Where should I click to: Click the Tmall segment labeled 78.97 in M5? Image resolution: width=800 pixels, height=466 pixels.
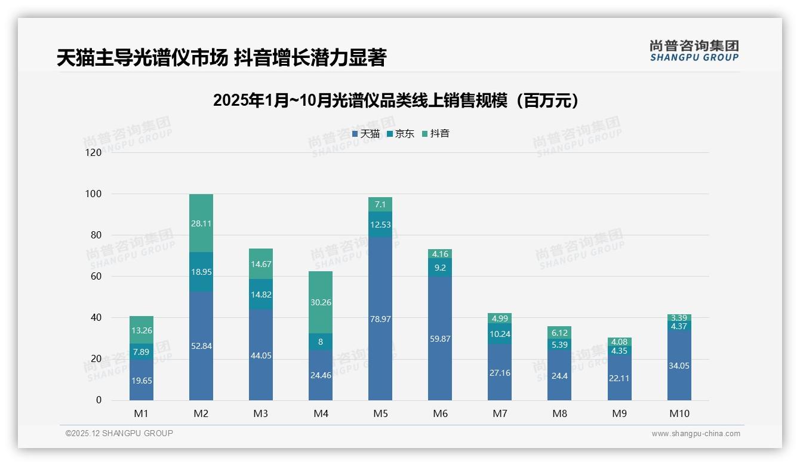[x=380, y=318]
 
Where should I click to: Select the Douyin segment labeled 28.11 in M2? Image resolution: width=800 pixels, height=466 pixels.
[x=201, y=223]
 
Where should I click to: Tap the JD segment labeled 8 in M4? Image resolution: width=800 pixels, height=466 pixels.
[x=321, y=342]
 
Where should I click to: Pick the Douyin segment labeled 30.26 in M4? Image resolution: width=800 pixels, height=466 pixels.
[x=321, y=302]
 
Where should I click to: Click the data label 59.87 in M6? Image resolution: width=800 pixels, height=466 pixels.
[x=440, y=339]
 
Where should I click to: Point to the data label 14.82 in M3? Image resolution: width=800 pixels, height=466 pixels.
[x=261, y=294]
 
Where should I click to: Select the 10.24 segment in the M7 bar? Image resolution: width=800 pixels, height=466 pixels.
[x=500, y=334]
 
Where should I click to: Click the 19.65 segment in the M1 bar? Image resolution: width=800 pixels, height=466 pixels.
[x=141, y=380]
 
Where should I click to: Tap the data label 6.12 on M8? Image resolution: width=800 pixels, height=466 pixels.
[x=559, y=333]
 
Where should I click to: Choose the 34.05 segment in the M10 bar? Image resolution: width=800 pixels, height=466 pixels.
[x=679, y=366]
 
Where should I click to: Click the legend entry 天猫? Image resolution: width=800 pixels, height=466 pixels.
[x=366, y=134]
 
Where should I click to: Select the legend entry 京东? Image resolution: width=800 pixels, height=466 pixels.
[x=401, y=134]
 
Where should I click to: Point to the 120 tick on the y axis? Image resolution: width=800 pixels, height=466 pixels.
[x=94, y=153]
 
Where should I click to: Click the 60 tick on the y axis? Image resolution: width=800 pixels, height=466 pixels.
[x=96, y=277]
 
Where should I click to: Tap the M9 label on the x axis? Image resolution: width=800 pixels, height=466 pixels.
[x=619, y=413]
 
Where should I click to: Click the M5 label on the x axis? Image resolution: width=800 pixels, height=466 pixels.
[x=380, y=413]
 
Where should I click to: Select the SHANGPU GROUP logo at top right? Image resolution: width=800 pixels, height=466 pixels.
[x=694, y=51]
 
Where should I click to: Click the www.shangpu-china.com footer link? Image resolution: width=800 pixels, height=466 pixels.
[x=696, y=434]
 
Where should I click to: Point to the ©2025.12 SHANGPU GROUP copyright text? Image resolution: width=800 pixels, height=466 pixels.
[x=119, y=434]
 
